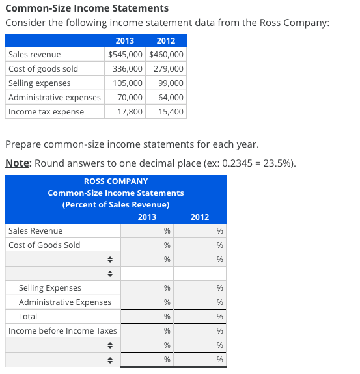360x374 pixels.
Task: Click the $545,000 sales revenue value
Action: coord(126,55)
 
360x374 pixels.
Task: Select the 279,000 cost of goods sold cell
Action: coord(168,69)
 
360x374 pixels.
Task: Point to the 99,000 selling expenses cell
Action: coord(171,83)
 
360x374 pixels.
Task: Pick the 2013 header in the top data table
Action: coord(124,41)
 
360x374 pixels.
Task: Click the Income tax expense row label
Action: coord(46,112)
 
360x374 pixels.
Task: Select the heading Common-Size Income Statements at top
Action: coord(87,8)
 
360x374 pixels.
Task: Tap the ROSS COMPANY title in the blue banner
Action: coord(116,181)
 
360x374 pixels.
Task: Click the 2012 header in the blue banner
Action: coord(200,217)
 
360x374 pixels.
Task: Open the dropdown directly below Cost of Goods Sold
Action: coord(62,260)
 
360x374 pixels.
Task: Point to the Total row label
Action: coord(28,317)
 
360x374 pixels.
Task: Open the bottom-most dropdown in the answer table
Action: coord(62,360)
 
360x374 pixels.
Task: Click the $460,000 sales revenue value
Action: coord(167,55)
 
